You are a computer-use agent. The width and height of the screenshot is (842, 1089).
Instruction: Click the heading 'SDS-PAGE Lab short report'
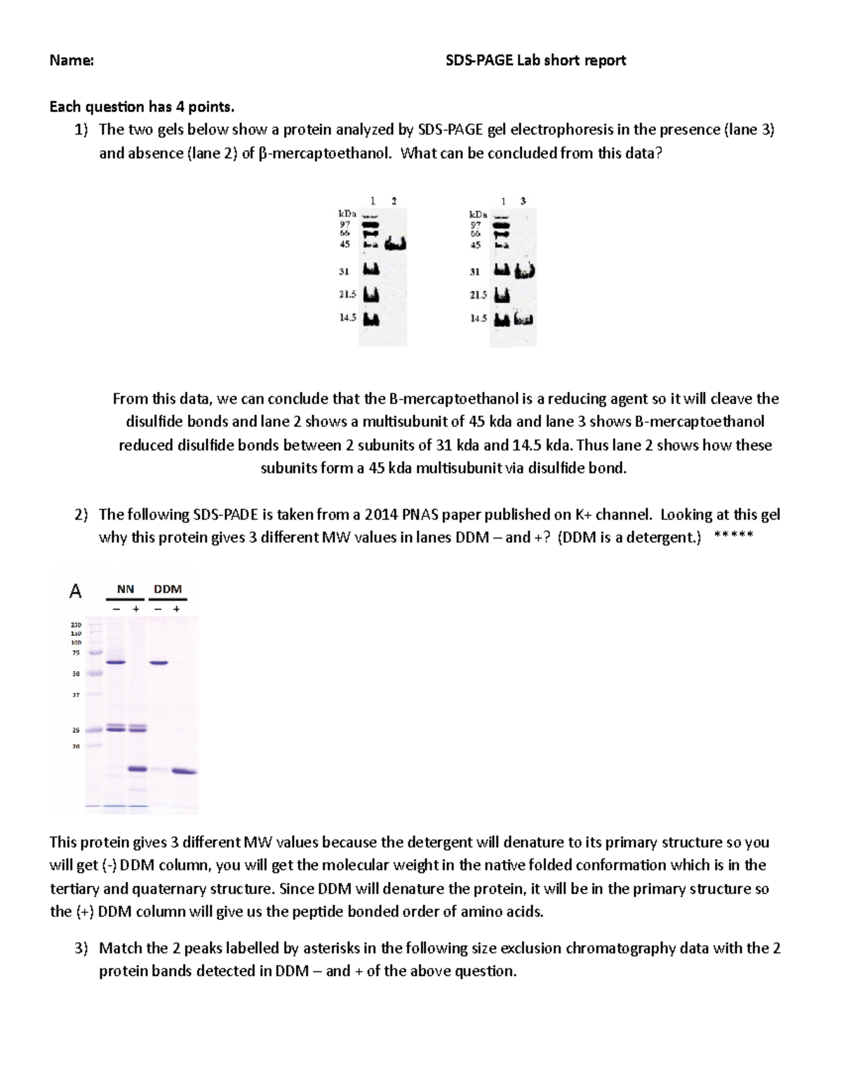(x=535, y=60)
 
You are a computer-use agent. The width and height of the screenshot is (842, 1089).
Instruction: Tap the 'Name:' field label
(x=72, y=60)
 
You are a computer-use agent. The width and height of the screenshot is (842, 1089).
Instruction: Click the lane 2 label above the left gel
(x=394, y=201)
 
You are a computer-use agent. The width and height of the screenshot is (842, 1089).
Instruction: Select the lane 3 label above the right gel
(x=523, y=201)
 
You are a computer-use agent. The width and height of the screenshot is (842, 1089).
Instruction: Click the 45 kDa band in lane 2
(x=396, y=244)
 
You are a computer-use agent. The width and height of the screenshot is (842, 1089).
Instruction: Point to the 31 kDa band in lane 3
(x=525, y=271)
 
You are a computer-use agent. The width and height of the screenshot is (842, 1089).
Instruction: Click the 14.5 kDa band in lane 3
(x=523, y=320)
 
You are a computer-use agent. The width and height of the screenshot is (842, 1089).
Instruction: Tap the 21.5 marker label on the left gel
(x=347, y=295)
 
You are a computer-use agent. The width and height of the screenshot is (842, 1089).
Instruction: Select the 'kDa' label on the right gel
(x=478, y=214)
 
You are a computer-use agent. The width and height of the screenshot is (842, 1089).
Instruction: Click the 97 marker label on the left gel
(x=345, y=224)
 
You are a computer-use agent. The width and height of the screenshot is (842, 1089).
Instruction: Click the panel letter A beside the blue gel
(x=75, y=592)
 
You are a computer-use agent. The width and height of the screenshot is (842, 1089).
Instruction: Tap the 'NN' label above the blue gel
(x=125, y=589)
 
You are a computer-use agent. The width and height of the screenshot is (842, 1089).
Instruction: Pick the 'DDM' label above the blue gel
(x=168, y=589)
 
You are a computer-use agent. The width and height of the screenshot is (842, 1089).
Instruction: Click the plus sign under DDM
(x=176, y=609)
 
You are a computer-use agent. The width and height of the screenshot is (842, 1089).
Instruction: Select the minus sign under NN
(x=116, y=609)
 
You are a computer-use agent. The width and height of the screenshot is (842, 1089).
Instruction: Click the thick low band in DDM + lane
(x=185, y=771)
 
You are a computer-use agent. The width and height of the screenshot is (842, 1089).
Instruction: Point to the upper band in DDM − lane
(x=159, y=663)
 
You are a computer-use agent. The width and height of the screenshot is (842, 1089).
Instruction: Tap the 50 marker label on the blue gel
(x=76, y=674)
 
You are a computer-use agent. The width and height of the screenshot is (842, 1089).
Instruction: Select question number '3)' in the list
(x=81, y=948)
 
